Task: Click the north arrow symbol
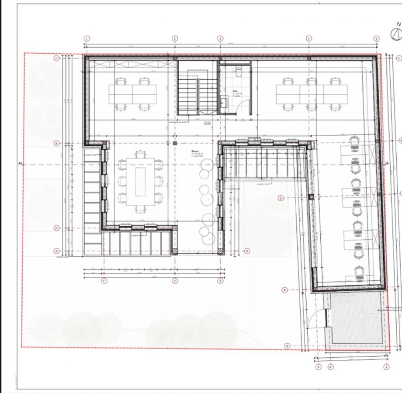(x=396, y=34)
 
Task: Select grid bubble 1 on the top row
(x=87, y=38)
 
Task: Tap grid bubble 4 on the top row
(x=309, y=38)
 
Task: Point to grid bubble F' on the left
(x=56, y=58)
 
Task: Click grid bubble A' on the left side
(x=56, y=228)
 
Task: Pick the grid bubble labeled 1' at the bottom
(x=104, y=281)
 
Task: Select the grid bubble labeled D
(x=281, y=198)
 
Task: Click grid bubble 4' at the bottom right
(x=331, y=367)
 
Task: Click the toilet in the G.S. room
(x=239, y=72)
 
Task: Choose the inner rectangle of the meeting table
(x=140, y=181)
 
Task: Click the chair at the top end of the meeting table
(x=140, y=154)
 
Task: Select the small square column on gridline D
(x=311, y=197)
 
